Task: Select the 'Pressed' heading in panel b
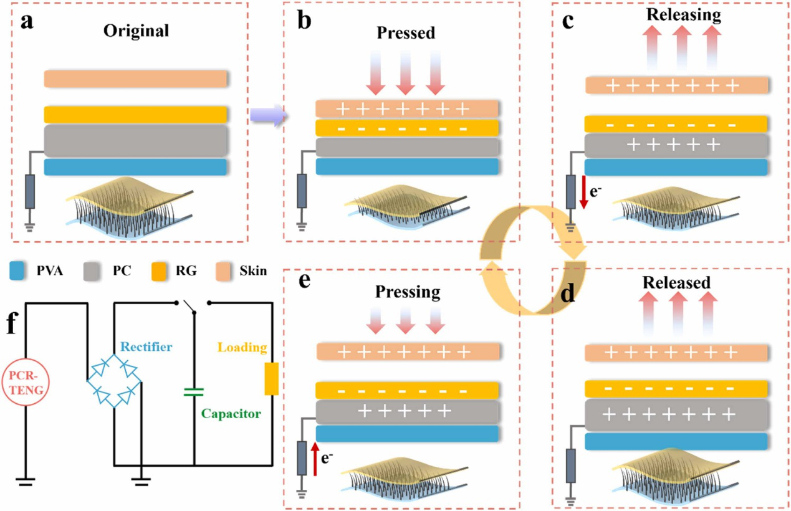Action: point(406,32)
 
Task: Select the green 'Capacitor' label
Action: point(230,413)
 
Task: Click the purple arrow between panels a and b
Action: point(267,115)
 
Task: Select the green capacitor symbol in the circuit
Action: point(194,392)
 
